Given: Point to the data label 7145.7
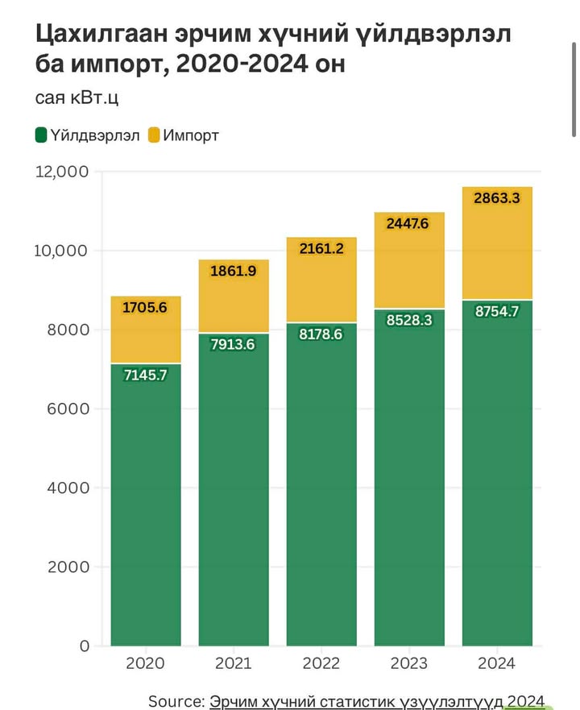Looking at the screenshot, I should tap(146, 374).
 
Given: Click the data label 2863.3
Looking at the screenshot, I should tap(496, 197).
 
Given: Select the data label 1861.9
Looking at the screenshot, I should tap(234, 271).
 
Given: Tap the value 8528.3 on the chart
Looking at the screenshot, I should tap(409, 320).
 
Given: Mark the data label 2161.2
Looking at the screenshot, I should tap(321, 248).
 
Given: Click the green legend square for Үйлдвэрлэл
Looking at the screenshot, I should tap(41, 135).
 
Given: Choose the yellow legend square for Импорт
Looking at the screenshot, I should tap(154, 135).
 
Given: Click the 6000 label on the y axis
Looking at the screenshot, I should tap(68, 409).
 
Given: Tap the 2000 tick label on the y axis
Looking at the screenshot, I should tap(68, 567).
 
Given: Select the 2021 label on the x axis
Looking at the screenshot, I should tap(234, 663).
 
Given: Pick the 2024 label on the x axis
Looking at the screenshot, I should tap(496, 663).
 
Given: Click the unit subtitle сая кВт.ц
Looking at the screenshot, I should tap(77, 98).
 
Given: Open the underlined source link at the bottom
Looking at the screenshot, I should tap(377, 700).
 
